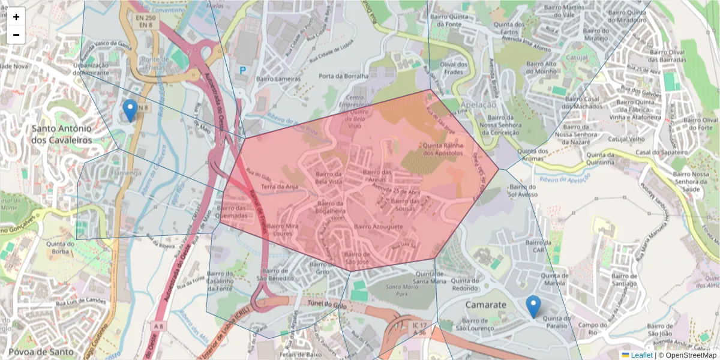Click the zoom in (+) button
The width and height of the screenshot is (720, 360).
16,17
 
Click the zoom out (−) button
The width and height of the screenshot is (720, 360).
16,35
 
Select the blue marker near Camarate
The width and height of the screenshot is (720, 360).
533,307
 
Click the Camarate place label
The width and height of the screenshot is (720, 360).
485,305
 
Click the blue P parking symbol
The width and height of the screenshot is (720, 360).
243,70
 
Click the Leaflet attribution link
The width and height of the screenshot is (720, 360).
641,355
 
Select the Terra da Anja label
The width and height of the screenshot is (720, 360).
280,187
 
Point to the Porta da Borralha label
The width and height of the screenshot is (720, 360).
343,76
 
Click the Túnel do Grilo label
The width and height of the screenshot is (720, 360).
327,305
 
